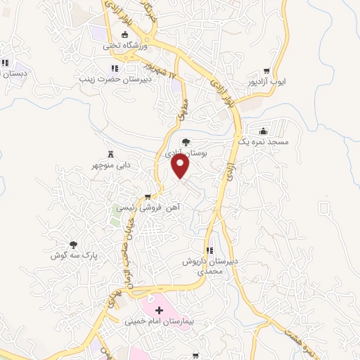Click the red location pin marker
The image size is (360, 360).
coord(181,166)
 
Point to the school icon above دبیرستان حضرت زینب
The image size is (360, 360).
coord(114,69)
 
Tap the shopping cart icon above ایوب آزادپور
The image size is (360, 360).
coord(266,71)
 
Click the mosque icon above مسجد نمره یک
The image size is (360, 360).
coord(263,131)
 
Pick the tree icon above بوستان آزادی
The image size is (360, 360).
coord(186,142)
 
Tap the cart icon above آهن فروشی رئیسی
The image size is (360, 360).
coord(148,197)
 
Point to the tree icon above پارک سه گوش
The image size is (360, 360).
coord(73,244)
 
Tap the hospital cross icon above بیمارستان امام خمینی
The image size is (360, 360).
coord(159,309)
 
